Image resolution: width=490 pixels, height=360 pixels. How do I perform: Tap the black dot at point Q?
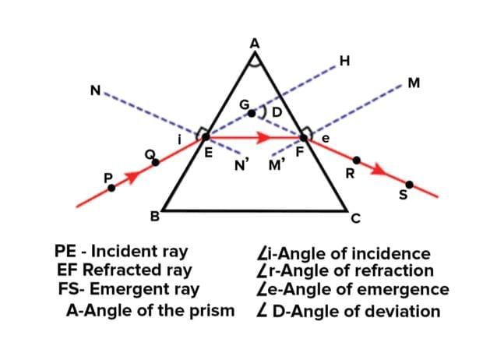click(x=156, y=162)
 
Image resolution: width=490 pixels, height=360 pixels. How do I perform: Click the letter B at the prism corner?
click(x=154, y=216)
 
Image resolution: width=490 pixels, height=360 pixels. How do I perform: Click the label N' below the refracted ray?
click(x=242, y=164)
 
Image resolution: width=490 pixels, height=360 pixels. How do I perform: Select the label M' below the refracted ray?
click(x=277, y=164)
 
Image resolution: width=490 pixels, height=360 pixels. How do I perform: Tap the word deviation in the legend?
click(x=397, y=312)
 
